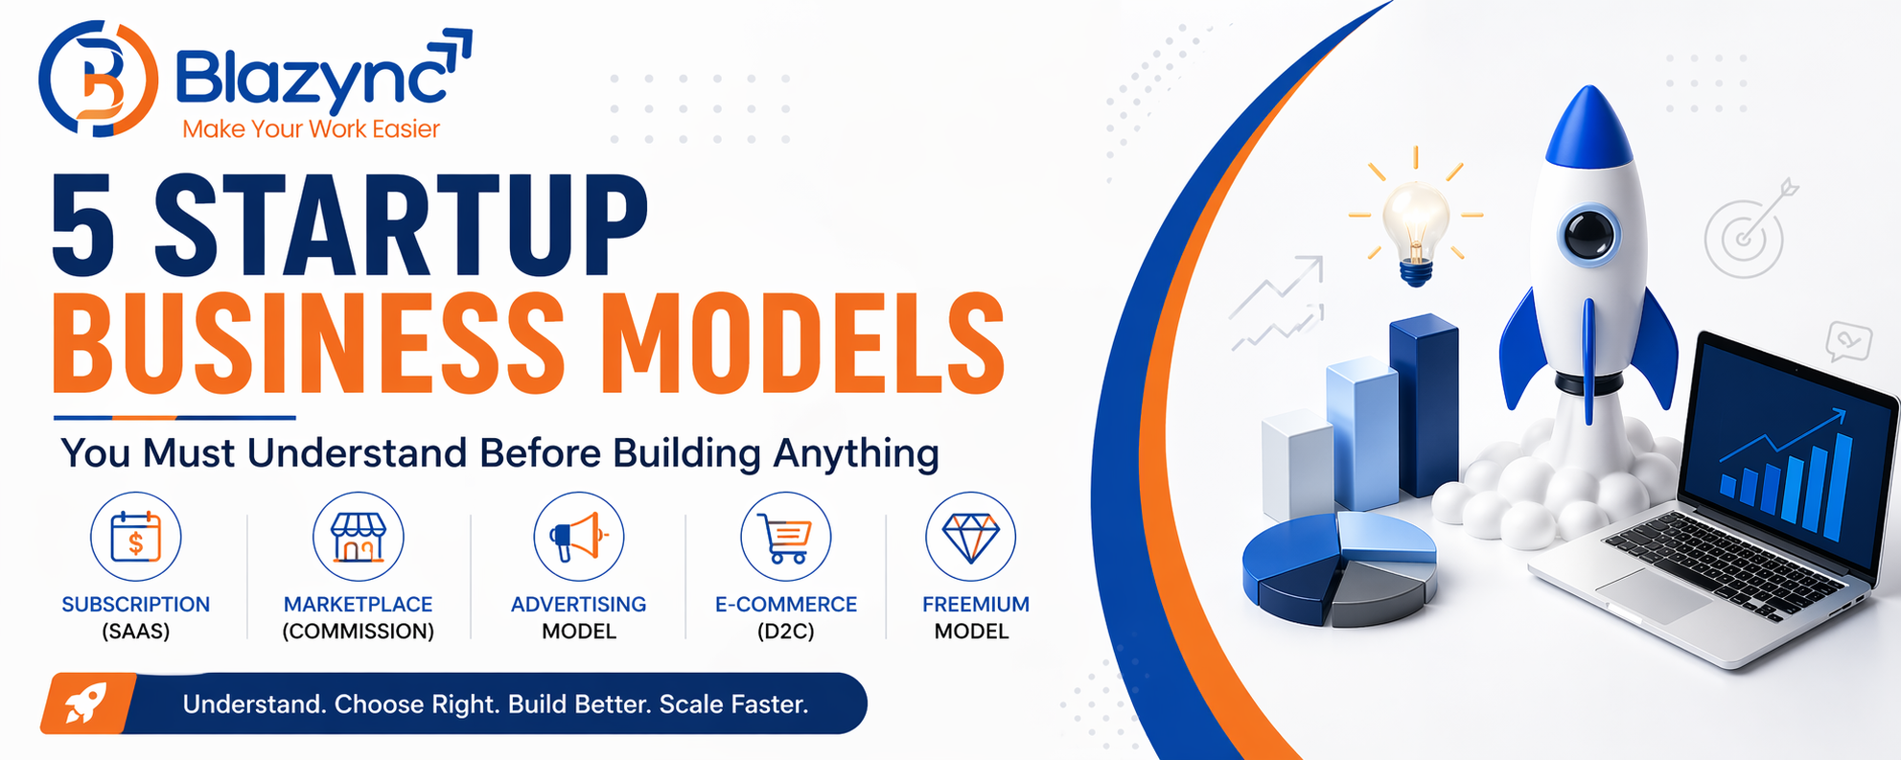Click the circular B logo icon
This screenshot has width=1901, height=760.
pos(98,79)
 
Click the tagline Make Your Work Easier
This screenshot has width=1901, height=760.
pos(311,129)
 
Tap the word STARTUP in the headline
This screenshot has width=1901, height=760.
pos(401,228)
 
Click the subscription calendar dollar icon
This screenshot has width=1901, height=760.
pos(135,537)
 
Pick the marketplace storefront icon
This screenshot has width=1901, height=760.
pos(358,537)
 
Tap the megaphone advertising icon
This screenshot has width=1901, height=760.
pos(578,537)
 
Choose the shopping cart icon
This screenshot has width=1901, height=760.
pos(785,538)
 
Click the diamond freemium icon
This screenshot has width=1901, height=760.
pos(970,537)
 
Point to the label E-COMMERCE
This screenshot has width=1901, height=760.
pos(785,605)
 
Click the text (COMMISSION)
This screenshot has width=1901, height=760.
pos(358,632)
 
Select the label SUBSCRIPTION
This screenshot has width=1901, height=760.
pos(135,605)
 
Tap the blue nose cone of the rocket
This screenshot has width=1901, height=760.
pos(1588,129)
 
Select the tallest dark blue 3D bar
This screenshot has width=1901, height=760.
pos(1425,403)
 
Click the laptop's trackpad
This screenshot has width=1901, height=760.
pos(1651,592)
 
